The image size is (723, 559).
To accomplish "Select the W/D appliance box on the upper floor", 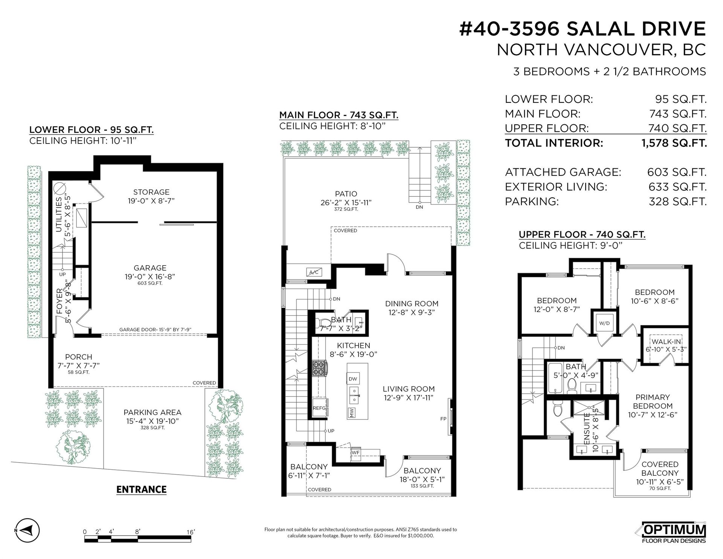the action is [x=604, y=323].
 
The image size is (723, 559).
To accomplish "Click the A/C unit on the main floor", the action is [x=314, y=272].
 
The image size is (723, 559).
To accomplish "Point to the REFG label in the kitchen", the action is [x=319, y=408].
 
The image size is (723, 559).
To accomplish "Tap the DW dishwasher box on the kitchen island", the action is [x=353, y=379].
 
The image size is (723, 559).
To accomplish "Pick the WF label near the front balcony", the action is [x=355, y=452].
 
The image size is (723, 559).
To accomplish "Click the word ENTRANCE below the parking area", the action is [x=142, y=489].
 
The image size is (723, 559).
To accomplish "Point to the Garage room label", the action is [x=150, y=268].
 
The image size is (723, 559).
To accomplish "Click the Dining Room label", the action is [x=412, y=304].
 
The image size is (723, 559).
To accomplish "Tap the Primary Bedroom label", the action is [x=653, y=402].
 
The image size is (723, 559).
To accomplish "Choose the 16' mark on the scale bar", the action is [x=191, y=532].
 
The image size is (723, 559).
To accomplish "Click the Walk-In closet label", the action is [x=667, y=342].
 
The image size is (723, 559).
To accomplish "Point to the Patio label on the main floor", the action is [x=346, y=194].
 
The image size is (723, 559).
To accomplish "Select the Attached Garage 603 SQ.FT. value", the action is [x=677, y=172].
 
